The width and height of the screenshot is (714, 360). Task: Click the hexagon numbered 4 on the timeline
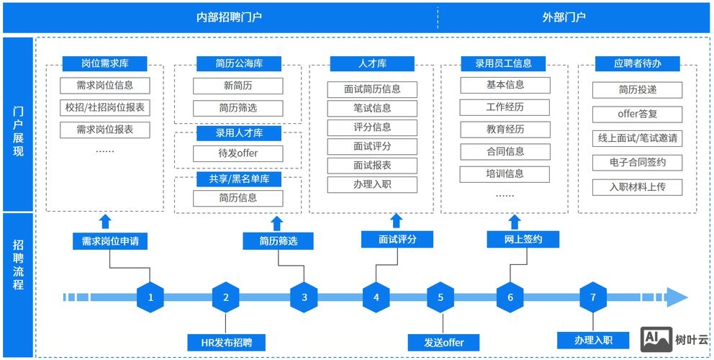(x=376, y=297)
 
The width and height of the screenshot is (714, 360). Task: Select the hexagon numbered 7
(x=593, y=297)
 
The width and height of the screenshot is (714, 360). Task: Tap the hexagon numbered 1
(x=150, y=297)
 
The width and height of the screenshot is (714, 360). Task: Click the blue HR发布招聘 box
(x=226, y=342)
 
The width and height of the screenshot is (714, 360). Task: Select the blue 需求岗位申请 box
(x=110, y=241)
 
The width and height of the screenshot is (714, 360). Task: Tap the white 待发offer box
(x=238, y=153)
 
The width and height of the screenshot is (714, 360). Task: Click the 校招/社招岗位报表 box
(x=105, y=108)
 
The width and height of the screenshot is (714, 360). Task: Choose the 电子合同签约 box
(x=637, y=162)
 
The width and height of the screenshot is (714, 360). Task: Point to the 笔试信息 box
(x=372, y=109)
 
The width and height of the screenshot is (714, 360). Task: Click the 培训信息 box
(x=505, y=174)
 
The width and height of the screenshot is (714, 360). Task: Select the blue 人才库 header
(x=372, y=63)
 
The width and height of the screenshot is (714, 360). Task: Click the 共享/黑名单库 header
(x=239, y=179)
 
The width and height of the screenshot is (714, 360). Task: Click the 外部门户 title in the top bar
(x=564, y=17)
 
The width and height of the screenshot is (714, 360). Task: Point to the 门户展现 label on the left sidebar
(x=18, y=122)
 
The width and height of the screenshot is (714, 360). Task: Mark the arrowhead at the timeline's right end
(x=677, y=297)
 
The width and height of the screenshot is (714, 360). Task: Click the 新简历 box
(x=238, y=86)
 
